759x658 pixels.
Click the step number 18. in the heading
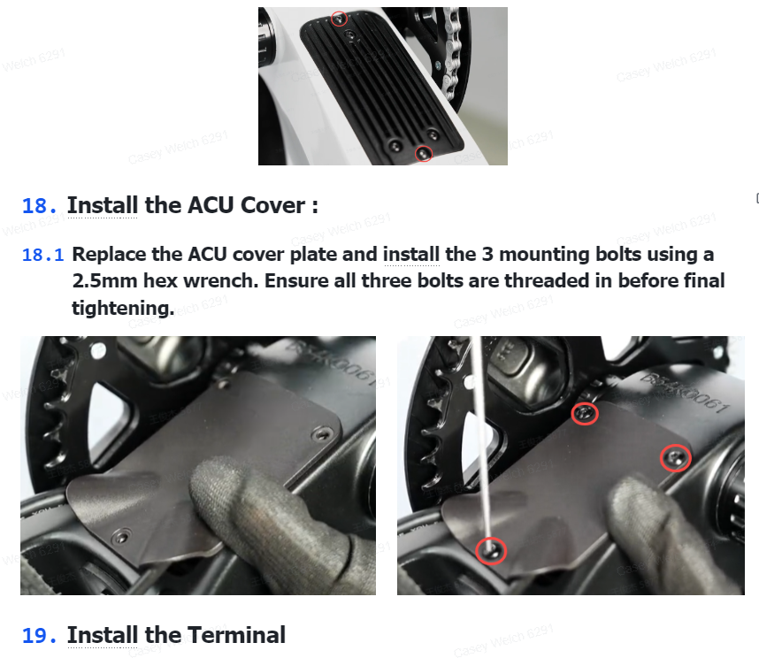point(39,206)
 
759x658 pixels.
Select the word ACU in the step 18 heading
point(211,205)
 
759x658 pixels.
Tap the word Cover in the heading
point(273,205)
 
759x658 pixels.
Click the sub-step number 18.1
point(43,255)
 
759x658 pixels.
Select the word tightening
point(123,308)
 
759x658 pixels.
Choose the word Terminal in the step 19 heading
point(236,635)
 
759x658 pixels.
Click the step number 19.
point(39,636)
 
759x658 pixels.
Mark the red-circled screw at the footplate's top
point(340,19)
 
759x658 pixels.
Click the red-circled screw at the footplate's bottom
point(424,154)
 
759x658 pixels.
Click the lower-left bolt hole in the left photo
point(121,537)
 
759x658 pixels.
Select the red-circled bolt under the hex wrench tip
point(491,551)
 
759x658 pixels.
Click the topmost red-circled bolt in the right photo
point(585,414)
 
